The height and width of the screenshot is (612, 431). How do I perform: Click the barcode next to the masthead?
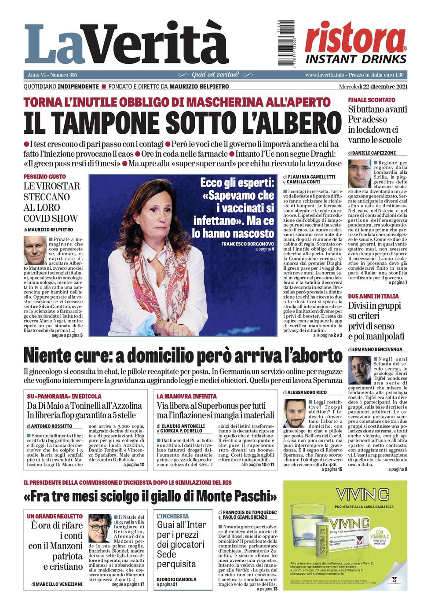click(286, 43)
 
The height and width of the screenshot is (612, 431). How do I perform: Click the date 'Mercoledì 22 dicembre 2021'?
click(373, 87)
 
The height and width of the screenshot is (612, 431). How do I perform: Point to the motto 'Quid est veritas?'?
click(215, 75)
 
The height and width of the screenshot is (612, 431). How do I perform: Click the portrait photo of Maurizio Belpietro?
click(35, 250)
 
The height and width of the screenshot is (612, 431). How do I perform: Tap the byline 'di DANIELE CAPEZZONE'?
click(372, 153)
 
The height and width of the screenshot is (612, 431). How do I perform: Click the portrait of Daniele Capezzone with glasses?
click(359, 174)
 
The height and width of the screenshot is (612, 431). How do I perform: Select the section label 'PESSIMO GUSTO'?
click(45, 176)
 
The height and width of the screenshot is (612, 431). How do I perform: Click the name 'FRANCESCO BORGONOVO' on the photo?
click(248, 244)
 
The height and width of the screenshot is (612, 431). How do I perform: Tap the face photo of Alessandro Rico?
click(294, 414)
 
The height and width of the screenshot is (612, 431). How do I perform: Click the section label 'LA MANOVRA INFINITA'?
click(187, 396)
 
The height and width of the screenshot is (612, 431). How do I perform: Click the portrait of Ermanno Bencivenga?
click(360, 370)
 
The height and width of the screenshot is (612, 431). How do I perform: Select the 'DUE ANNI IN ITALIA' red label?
click(373, 297)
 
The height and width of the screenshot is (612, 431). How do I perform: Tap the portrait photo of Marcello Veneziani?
click(99, 528)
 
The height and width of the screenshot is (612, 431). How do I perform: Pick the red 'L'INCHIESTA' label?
click(173, 516)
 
